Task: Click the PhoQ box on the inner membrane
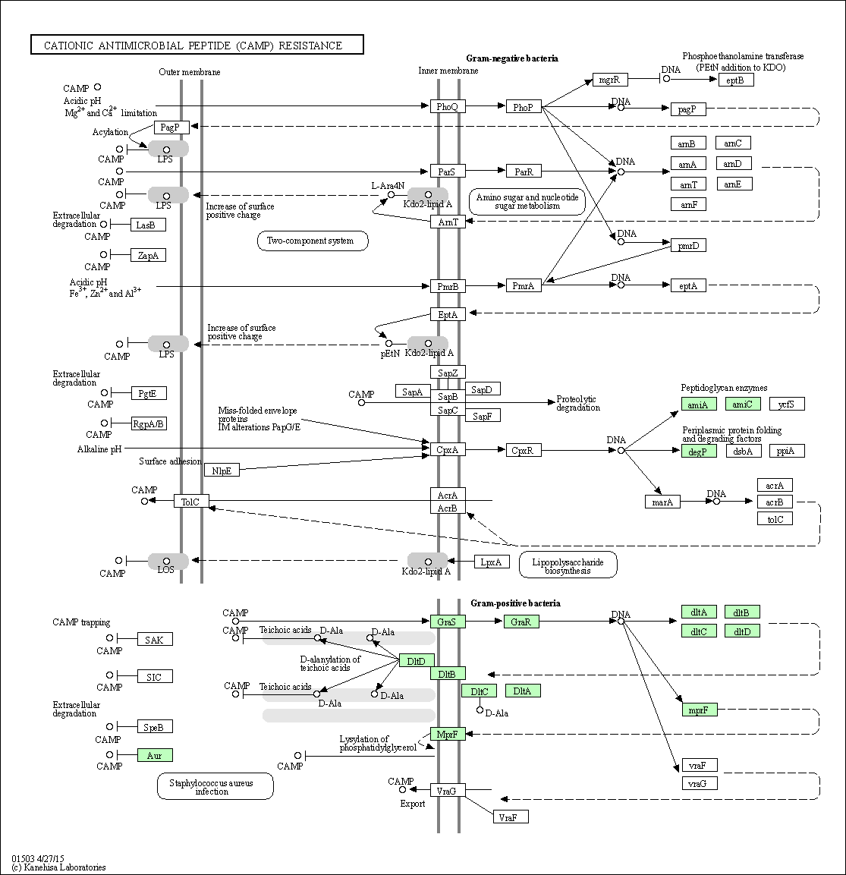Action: click(x=447, y=107)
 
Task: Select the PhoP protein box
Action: click(x=523, y=107)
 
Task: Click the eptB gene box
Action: click(x=735, y=80)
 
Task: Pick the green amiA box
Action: click(x=699, y=404)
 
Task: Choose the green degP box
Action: click(x=699, y=451)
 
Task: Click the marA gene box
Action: click(x=662, y=502)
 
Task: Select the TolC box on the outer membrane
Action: click(x=190, y=501)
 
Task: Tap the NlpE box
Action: click(x=222, y=470)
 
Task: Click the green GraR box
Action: click(x=520, y=622)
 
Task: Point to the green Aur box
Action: click(x=155, y=755)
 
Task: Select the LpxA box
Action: click(x=491, y=562)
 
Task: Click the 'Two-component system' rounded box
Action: click(x=313, y=241)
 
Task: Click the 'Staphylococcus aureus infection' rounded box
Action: click(x=215, y=786)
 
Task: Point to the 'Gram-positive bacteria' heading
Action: click(x=515, y=603)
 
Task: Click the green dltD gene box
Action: click(x=741, y=631)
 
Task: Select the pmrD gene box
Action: click(x=689, y=245)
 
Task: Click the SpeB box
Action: click(x=155, y=727)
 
